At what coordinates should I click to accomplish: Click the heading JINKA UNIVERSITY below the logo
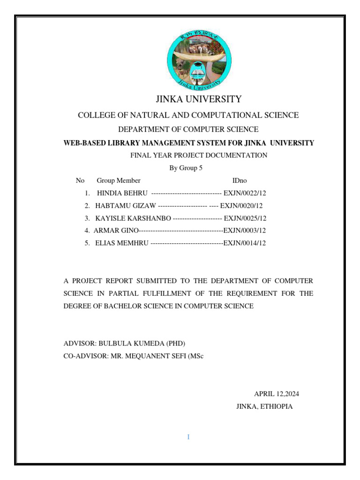pyautogui.click(x=199, y=99)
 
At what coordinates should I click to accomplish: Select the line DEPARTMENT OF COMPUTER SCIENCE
pyautogui.click(x=188, y=129)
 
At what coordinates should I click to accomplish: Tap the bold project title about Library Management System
pyautogui.click(x=189, y=143)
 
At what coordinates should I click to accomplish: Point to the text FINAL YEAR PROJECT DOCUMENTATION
pyautogui.click(x=199, y=155)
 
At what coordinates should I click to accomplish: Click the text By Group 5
pyautogui.click(x=186, y=168)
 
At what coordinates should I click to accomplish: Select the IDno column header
pyautogui.click(x=240, y=180)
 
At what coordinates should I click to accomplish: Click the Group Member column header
pyautogui.click(x=119, y=180)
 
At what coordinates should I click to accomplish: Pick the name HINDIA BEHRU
pyautogui.click(x=122, y=193)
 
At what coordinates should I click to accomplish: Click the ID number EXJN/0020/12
pyautogui.click(x=241, y=205)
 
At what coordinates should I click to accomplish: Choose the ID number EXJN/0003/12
pyautogui.click(x=244, y=230)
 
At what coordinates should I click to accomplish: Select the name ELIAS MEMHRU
pyautogui.click(x=122, y=243)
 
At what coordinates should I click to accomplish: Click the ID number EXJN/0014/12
pyautogui.click(x=244, y=243)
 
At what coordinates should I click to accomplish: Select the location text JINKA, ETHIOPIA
pyautogui.click(x=264, y=406)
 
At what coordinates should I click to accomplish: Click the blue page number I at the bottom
pyautogui.click(x=188, y=437)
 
